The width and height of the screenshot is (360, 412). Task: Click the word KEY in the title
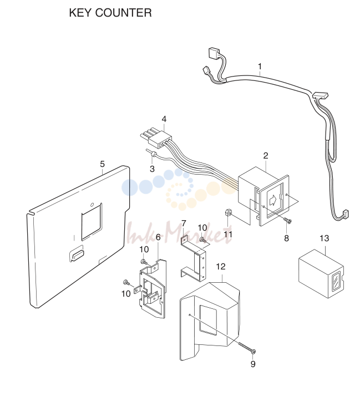[x=80, y=13]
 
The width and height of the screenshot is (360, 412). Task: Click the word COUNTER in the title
[x=124, y=13]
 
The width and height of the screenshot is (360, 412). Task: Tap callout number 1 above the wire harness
[x=260, y=67]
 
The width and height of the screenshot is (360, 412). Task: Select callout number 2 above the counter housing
[x=266, y=156]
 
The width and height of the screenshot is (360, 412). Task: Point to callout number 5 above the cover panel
[x=102, y=164]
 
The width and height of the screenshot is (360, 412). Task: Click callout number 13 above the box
[x=324, y=238]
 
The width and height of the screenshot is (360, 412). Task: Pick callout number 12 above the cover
[x=221, y=267]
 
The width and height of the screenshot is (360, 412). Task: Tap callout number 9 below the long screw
[x=253, y=364]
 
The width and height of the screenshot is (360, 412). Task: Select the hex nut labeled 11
[x=228, y=212]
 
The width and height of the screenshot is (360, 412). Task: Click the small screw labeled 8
[x=287, y=221]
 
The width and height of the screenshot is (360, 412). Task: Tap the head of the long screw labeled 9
[x=253, y=351]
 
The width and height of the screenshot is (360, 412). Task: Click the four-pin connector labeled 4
[x=156, y=139]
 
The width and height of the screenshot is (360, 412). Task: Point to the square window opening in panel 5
[x=92, y=222]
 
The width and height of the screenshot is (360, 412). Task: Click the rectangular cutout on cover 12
[x=208, y=320]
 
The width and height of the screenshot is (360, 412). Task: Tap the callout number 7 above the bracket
[x=184, y=223]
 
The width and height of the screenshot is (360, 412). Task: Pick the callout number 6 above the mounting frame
[x=158, y=237]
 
